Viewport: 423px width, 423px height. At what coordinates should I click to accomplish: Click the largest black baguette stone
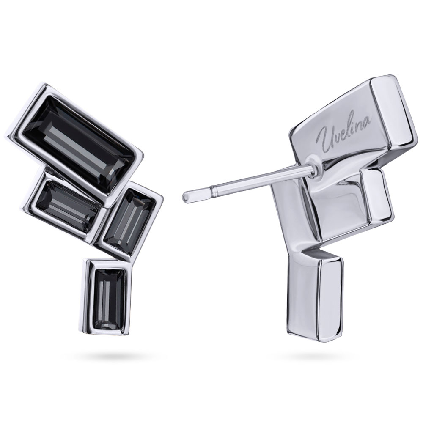pos(78,143)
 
